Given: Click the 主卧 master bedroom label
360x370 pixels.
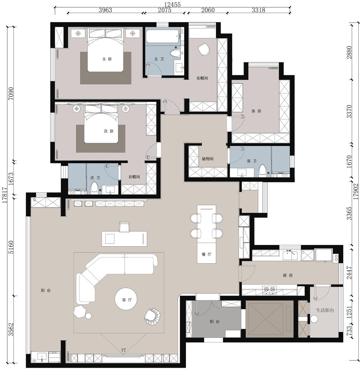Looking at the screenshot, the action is click(107, 59).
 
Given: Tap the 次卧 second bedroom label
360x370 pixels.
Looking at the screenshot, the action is click(109, 131).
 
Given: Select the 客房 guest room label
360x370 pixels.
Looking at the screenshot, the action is click(256, 111).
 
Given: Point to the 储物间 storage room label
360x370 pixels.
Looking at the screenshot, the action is click(207, 159).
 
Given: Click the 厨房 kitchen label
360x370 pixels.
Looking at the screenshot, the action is click(288, 275).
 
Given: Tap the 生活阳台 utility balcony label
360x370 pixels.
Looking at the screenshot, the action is click(325, 310).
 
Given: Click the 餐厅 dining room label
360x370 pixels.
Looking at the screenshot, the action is click(207, 254).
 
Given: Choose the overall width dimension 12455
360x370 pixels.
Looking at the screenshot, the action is click(173, 5).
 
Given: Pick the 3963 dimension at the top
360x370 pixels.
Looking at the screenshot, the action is click(105, 10).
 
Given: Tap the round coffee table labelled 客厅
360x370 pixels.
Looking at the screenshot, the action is click(125, 299).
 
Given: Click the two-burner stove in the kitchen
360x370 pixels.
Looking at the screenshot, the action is click(269, 289).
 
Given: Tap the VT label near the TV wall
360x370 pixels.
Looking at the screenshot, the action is click(123, 350).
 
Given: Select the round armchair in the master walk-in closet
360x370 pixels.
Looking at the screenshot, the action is click(204, 50).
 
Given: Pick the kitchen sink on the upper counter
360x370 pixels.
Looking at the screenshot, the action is click(290, 255).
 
